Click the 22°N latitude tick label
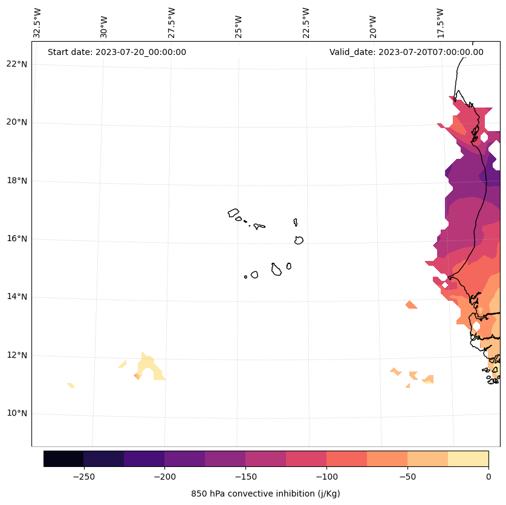[17, 64]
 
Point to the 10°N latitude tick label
[17, 414]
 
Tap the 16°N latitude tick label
[17, 239]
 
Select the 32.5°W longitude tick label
[37, 23]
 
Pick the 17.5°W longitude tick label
[440, 23]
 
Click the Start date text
[117, 52]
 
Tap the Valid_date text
[406, 52]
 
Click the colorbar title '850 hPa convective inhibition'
[265, 494]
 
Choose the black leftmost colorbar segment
[63, 458]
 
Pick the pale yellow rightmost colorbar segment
[468, 458]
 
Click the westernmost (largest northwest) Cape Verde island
[233, 213]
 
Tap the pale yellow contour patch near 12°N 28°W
[149, 367]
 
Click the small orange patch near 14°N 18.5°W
[412, 305]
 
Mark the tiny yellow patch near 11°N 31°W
[71, 385]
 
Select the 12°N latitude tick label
[17, 355]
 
